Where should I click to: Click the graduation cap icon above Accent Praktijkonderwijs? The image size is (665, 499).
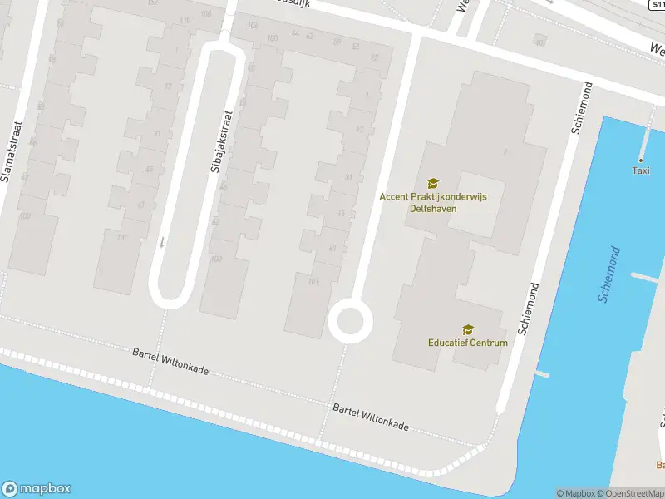coord(432,183)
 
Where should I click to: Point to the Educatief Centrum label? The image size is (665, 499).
coord(467,343)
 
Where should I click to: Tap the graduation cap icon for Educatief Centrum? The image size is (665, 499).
coord(467,330)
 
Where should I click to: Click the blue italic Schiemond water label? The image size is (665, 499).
coord(609,274)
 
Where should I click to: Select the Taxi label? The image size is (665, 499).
coord(640,170)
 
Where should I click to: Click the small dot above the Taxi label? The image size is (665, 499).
coord(641,160)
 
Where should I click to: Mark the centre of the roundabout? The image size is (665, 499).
coord(350,320)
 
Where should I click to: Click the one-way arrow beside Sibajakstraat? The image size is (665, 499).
coord(162,242)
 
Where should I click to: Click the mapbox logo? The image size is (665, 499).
coord(37,489)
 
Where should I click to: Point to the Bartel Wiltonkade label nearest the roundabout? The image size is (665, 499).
coord(371,417)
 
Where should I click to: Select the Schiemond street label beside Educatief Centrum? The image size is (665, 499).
coord(530,308)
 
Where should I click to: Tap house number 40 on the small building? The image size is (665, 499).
coord(540,42)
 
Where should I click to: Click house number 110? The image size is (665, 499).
coord(184,20)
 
